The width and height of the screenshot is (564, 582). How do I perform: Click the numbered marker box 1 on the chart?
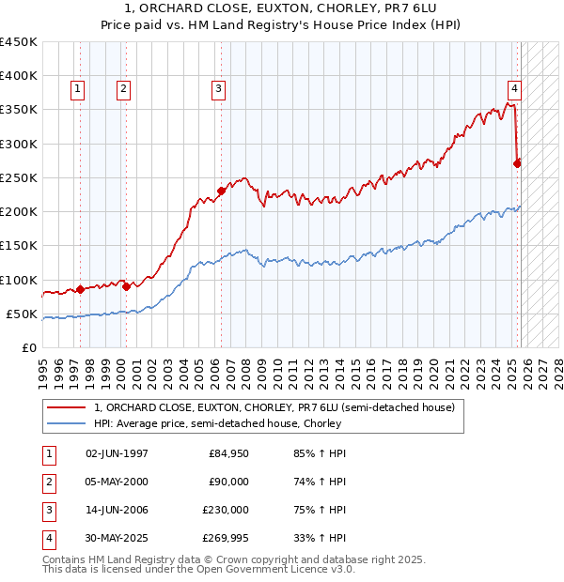pyautogui.click(x=77, y=89)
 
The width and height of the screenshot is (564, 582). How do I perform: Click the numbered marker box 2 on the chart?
pyautogui.click(x=123, y=89)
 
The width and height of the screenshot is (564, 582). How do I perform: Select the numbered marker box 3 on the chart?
pyautogui.click(x=218, y=89)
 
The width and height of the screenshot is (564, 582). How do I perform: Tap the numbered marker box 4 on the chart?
pyautogui.click(x=514, y=89)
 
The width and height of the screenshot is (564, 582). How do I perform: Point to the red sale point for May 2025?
pyautogui.click(x=517, y=163)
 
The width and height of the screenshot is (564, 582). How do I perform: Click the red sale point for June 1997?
pyautogui.click(x=80, y=289)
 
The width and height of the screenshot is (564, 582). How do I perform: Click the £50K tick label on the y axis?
pyautogui.click(x=23, y=314)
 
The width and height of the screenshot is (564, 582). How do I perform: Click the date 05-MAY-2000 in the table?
pyautogui.click(x=117, y=482)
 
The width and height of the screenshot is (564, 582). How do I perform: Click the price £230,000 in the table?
pyautogui.click(x=225, y=510)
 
